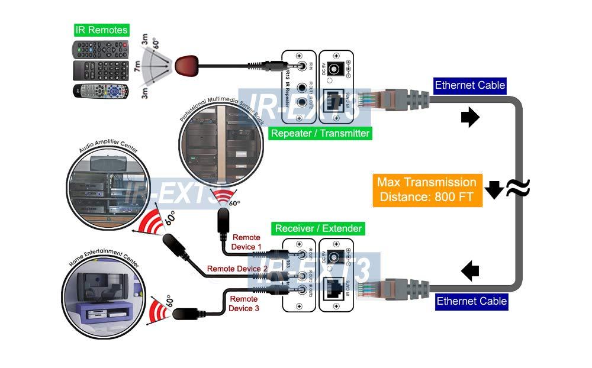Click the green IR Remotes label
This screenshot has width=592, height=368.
[101, 30]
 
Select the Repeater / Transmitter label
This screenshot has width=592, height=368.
[320, 133]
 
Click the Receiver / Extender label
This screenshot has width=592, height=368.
[318, 228]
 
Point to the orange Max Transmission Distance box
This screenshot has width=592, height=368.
[426, 189]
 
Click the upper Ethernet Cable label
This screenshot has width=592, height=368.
[470, 85]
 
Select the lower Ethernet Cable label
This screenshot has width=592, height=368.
[472, 301]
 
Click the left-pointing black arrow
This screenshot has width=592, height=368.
[470, 272]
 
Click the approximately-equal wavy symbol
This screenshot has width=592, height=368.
[517, 189]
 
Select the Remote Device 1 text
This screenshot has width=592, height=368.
[247, 242]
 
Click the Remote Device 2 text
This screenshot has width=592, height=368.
[237, 269]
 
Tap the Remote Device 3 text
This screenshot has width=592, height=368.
[244, 304]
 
